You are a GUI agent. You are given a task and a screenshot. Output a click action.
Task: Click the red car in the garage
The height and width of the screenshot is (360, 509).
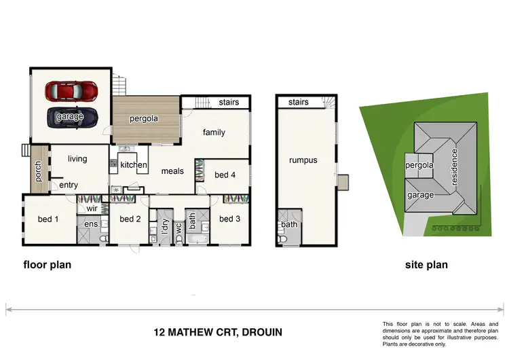click(x=71, y=90)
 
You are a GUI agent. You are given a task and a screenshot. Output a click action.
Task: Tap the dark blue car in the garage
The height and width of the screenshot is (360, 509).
click(x=71, y=116)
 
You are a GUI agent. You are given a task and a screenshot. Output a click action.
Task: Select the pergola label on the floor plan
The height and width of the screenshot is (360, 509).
click(x=144, y=118)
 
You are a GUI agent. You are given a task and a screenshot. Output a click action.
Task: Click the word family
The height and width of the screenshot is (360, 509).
click(x=213, y=132)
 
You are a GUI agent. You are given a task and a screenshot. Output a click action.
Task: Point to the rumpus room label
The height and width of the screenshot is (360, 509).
click(x=303, y=160)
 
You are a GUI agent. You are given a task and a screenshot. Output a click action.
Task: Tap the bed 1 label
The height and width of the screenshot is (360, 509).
click(x=48, y=219)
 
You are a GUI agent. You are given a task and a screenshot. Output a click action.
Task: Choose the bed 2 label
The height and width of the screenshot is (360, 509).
click(x=130, y=219)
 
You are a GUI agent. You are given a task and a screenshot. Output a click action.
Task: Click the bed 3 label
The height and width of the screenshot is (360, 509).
click(x=229, y=219)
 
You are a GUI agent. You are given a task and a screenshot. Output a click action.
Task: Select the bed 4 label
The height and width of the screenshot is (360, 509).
click(x=225, y=175)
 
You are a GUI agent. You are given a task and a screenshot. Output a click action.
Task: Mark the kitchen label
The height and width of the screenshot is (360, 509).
click(x=134, y=165)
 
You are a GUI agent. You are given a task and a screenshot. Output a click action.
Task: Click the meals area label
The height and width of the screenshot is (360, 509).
click(x=172, y=171)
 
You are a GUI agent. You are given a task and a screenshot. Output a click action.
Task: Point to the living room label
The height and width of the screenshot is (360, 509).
click(x=77, y=159)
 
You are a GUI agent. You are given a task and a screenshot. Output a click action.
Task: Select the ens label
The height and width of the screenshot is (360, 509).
click(x=90, y=224)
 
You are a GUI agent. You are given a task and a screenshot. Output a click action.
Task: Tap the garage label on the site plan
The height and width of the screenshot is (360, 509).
click(x=420, y=194)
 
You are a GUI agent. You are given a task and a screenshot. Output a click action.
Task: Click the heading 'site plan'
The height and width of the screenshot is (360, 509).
click(x=426, y=265)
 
